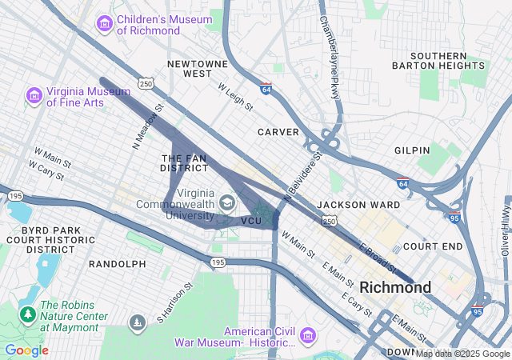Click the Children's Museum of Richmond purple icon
click(104, 24)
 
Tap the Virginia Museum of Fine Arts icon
click(34, 96)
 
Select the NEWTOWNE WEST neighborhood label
click(190, 68)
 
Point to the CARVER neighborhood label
click(278, 131)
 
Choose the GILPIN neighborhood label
click(412, 150)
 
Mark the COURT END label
click(433, 246)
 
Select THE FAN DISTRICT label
click(185, 163)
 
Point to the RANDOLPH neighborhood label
click(118, 263)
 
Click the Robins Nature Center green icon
click(28, 314)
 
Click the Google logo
click(26, 350)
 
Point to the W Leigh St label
click(235, 95)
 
